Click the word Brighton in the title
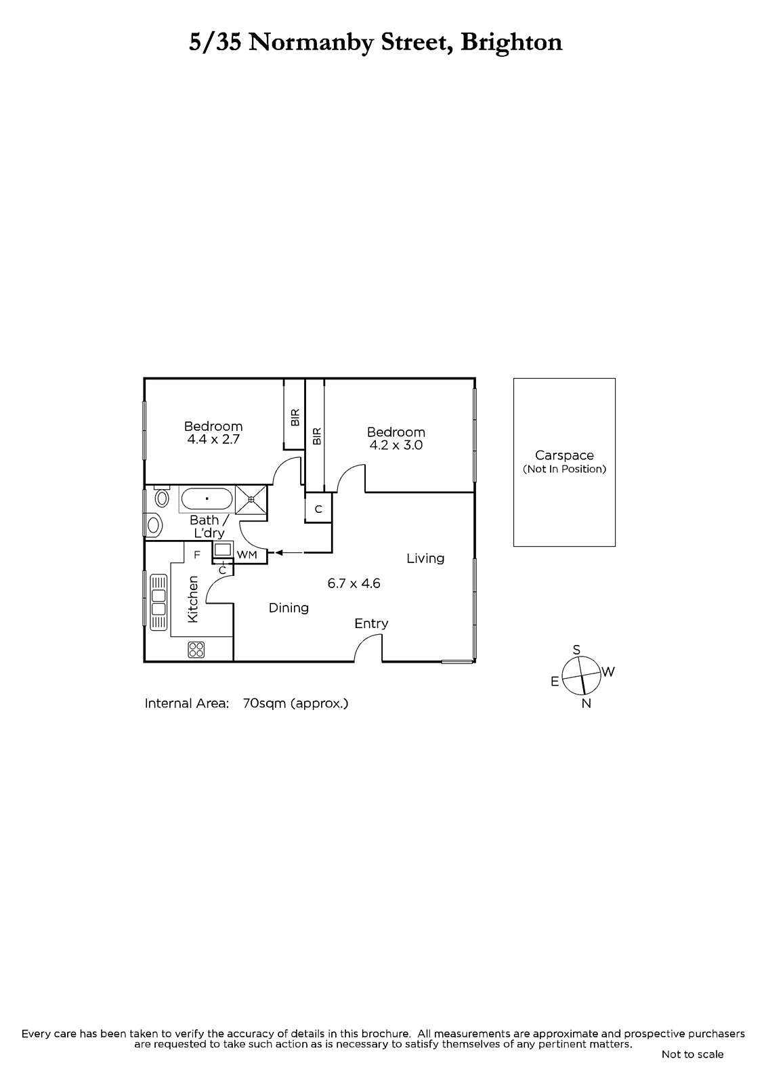pos(511,43)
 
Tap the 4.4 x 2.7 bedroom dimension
pos(213,440)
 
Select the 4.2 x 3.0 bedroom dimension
pos(396,445)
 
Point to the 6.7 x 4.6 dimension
pos(354,583)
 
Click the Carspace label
pos(564,455)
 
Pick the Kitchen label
pos(192,599)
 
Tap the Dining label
pos(289,608)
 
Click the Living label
pos(425,558)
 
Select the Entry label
pos(371,624)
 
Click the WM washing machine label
pos(247,555)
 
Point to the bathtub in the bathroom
pos(206,499)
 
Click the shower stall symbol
pos(251,499)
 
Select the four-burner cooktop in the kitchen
pos(196,650)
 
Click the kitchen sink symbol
pos(158,602)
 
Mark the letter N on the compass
pos(586,704)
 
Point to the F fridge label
pos(197,555)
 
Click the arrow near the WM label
pos(289,553)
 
